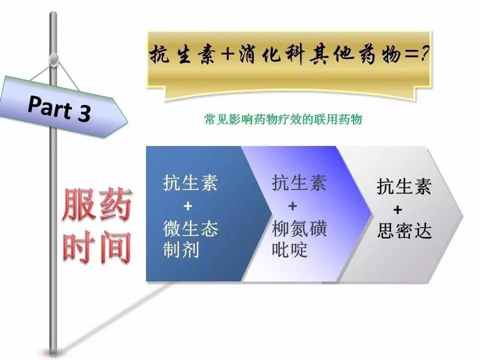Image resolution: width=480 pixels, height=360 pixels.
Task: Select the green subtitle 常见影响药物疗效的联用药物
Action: [x=283, y=120]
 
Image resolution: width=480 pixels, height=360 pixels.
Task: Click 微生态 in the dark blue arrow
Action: [x=190, y=229]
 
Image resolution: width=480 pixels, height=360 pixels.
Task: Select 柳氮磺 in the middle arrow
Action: [x=299, y=228]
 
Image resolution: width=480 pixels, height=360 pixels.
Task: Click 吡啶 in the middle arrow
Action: [x=289, y=249]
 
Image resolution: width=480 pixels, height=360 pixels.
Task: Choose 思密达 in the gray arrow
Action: [x=404, y=231]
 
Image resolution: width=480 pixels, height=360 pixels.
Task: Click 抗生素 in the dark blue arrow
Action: [x=190, y=183]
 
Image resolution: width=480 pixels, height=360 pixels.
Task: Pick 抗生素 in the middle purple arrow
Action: [x=299, y=183]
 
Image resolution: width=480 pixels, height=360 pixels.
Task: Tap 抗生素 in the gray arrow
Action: [x=404, y=187]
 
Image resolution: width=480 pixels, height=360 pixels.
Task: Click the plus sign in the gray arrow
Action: [x=397, y=209]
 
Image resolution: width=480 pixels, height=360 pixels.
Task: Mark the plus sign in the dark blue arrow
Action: [x=187, y=206]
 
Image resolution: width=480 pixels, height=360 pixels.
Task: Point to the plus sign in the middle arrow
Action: [x=292, y=205]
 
